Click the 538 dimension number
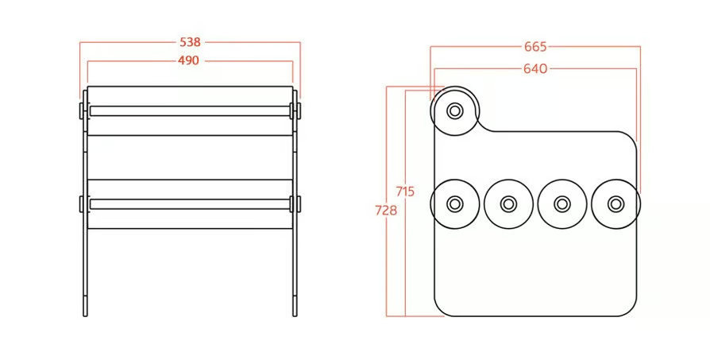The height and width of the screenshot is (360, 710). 190,42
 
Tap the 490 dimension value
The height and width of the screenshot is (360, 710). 188,60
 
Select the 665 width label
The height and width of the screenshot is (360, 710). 535,47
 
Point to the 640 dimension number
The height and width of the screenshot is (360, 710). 535,69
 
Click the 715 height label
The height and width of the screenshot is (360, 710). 405,192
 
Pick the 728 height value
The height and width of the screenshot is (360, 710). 386,210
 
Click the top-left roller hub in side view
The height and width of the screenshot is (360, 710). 454,110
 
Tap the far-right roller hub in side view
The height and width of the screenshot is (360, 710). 615,203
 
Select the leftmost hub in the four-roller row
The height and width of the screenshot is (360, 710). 454,203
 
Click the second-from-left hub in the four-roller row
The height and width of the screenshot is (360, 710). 508,203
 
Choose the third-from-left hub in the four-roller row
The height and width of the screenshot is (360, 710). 561,203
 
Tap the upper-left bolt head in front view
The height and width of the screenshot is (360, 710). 82,111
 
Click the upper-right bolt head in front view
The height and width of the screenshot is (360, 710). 299,111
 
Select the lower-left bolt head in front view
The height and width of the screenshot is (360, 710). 82,203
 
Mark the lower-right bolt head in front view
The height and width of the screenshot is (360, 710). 299,203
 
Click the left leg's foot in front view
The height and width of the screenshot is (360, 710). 85,306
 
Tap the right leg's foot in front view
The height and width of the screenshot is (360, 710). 295,306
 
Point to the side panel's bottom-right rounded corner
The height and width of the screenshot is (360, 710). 631,312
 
